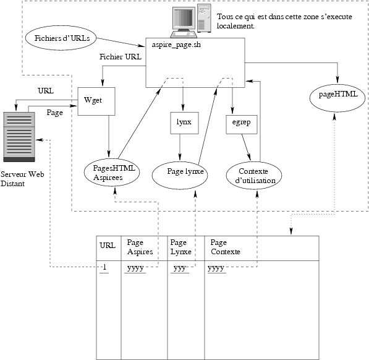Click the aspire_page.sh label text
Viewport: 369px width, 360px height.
click(176, 45)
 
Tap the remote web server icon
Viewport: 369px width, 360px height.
click(19, 137)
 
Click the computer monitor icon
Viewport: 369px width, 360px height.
click(184, 22)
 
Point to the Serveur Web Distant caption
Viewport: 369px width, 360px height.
click(22, 179)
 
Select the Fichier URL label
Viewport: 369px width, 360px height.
click(121, 57)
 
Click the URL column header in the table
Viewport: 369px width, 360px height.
click(108, 246)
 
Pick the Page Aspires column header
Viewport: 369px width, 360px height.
click(140, 247)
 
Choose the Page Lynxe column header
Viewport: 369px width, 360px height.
click(180, 247)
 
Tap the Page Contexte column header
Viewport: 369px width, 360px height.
click(225, 247)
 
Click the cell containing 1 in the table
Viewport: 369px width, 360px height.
click(104, 267)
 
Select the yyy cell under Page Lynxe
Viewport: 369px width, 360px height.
click(180, 268)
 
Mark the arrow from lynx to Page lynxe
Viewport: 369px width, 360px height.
click(180, 147)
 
